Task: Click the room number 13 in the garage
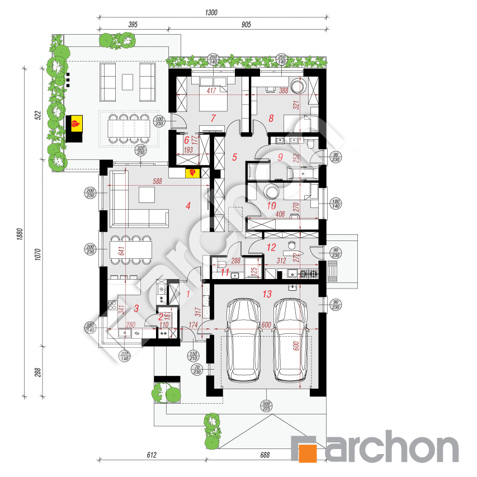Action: pos(266,293)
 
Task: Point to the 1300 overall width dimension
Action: pos(211,12)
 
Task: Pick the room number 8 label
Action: pos(271,118)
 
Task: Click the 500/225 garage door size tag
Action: pos(266,406)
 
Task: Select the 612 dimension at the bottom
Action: pos(151,456)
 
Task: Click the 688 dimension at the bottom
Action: pos(265,456)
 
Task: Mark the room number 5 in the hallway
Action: pos(235,157)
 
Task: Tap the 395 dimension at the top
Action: pos(133,25)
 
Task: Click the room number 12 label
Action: pos(271,247)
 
